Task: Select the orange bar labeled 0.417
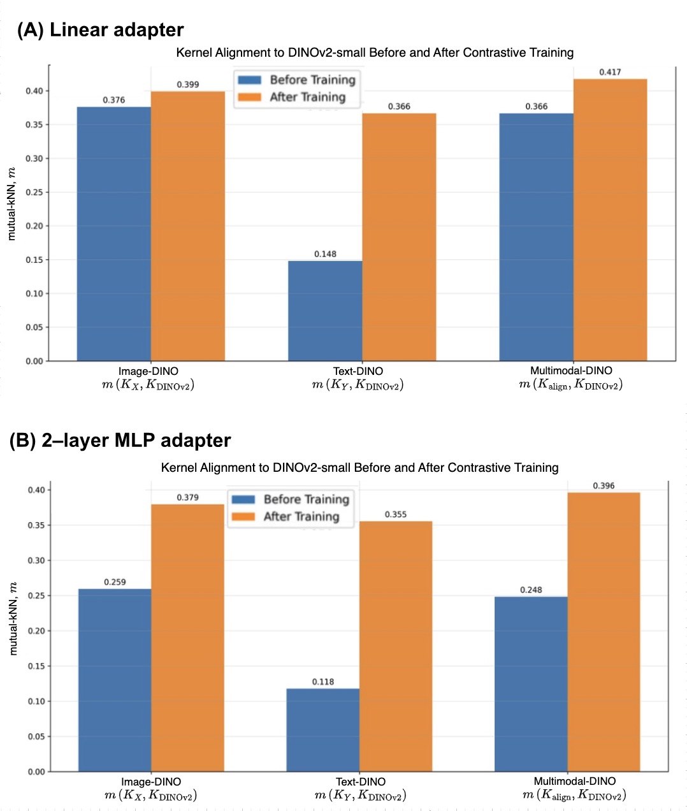610,219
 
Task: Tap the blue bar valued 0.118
322,729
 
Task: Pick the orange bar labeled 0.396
603,631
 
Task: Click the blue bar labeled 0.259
115,680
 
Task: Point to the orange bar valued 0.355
396,646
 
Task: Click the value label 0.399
187,84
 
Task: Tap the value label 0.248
531,590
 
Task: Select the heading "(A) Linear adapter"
100,30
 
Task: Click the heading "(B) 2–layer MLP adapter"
120,441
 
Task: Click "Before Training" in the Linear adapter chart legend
312,80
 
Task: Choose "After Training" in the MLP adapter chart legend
301,516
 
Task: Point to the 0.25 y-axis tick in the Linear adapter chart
34,192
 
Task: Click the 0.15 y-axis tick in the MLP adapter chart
36,666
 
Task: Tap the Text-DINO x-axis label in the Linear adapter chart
358,371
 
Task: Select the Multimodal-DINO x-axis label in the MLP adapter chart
575,781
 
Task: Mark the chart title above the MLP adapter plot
359,467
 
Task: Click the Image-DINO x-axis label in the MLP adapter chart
151,782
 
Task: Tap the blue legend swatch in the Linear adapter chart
250,80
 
